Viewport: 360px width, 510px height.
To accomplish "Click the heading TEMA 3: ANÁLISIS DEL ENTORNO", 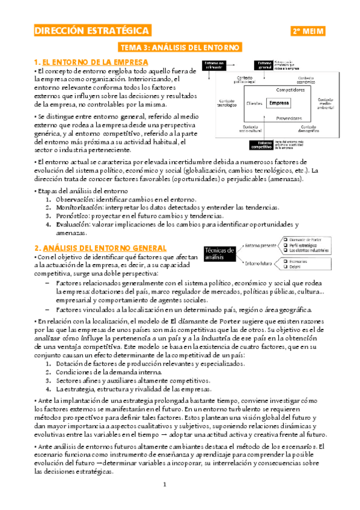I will pos(180,47).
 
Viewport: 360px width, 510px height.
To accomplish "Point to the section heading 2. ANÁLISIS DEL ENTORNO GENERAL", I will pos(100,230).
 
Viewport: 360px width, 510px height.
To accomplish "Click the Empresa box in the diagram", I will pos(279,103).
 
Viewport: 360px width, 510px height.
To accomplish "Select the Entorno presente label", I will pos(260,246).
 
